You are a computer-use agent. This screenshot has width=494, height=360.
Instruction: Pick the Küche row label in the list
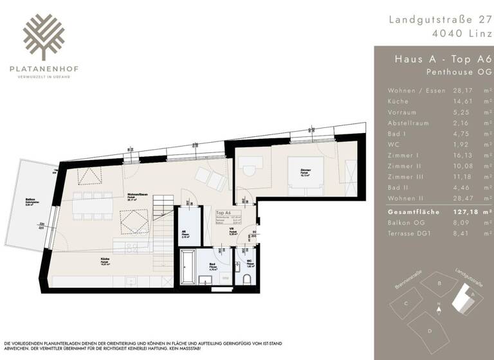(x=398, y=102)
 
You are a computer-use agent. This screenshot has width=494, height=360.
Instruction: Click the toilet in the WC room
(x=247, y=278)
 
